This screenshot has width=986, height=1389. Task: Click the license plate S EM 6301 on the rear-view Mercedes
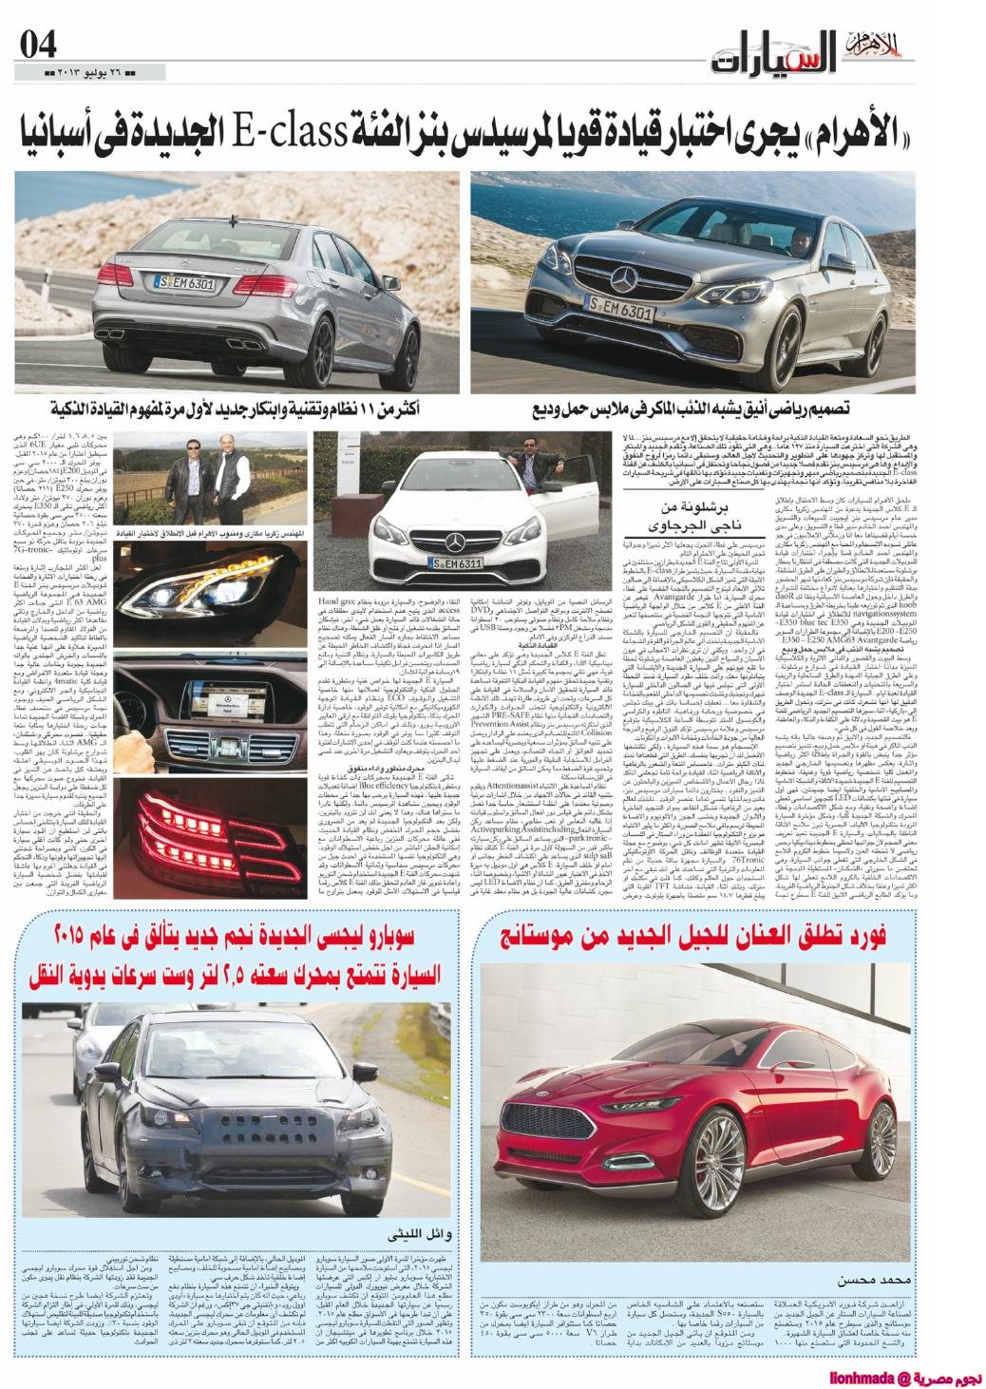pyautogui.click(x=184, y=282)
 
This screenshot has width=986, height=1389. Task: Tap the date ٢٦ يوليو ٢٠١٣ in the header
pyautogui.click(x=92, y=73)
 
